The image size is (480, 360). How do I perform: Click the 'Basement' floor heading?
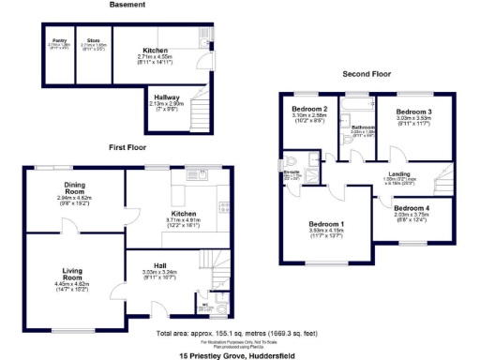click(x=127, y=6)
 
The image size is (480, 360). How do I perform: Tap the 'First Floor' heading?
click(x=127, y=148)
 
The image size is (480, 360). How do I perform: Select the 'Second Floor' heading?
click(x=366, y=73)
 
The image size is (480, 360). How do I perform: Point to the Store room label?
click(x=93, y=41)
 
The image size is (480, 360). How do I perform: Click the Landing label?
click(x=400, y=173)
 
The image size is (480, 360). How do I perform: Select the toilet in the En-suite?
click(x=292, y=159)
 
